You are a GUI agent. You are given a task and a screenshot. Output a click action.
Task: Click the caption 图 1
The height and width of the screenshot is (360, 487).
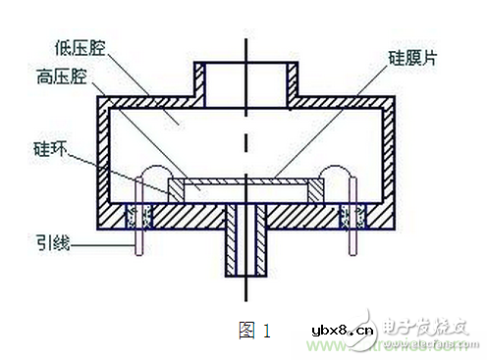(254, 331)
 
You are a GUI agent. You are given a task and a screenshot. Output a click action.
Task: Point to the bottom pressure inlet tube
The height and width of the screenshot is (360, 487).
(245, 245)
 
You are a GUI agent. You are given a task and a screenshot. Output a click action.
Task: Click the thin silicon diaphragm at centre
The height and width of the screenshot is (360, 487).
(245, 182)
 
